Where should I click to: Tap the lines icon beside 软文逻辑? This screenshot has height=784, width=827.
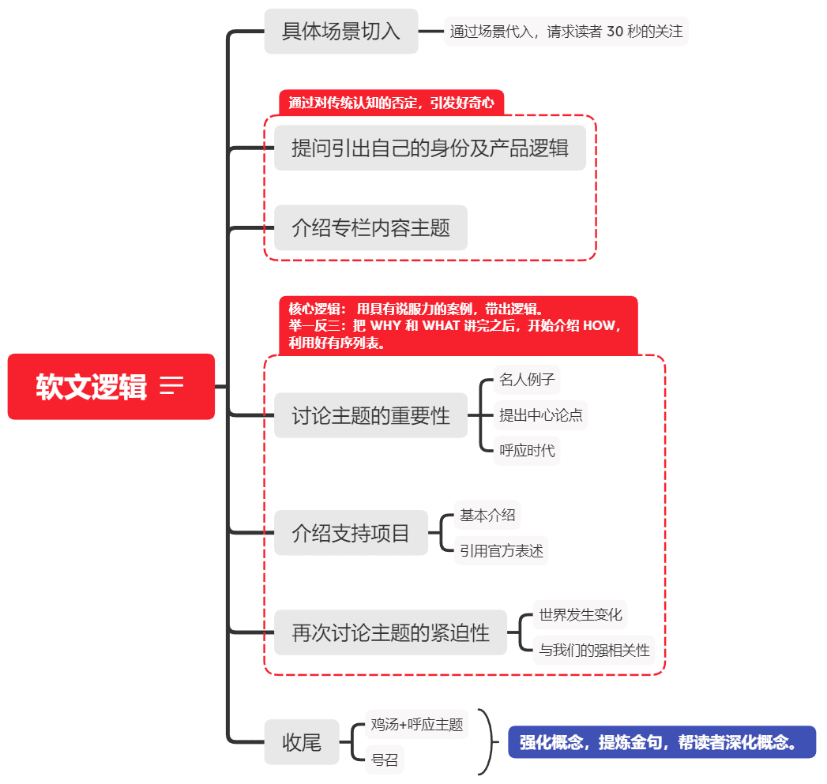click(171, 385)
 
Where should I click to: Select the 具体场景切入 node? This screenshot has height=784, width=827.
click(340, 32)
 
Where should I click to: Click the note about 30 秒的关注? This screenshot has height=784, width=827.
click(566, 32)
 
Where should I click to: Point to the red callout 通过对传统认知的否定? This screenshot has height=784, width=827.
click(391, 103)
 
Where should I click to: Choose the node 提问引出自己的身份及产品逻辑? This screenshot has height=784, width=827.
click(430, 148)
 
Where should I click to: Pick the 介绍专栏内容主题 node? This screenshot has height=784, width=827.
click(370, 228)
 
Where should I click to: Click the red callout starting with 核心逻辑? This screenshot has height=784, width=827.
click(457, 325)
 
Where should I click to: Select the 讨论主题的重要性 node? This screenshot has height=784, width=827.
click(370, 415)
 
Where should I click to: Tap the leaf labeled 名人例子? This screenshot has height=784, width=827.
click(527, 380)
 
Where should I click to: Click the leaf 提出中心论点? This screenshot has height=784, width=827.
click(541, 415)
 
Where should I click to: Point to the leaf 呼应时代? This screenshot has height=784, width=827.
click(527, 451)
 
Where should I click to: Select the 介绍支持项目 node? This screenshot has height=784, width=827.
click(351, 533)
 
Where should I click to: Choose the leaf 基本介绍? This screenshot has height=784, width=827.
click(487, 516)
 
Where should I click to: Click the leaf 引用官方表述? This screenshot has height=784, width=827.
click(502, 551)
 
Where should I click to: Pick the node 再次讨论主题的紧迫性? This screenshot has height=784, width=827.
click(390, 632)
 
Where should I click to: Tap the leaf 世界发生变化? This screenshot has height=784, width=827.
click(581, 614)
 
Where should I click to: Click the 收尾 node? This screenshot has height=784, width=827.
click(302, 742)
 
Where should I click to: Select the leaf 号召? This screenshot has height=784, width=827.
click(385, 760)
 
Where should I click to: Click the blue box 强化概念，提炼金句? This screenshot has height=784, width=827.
click(661, 742)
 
